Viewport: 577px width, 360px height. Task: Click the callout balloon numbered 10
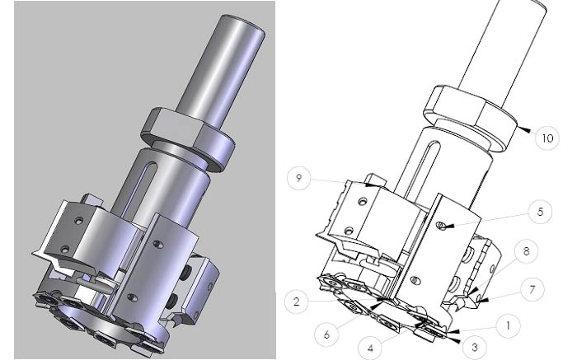coord(547,138)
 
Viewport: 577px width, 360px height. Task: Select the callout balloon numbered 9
coord(298,178)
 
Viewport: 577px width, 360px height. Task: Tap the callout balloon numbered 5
coord(540,212)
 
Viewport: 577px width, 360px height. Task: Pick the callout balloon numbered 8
coord(526,251)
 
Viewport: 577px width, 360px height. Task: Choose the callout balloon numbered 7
coord(532,290)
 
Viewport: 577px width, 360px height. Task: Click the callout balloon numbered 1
coord(508,325)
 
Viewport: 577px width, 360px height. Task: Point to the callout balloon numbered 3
coord(474,347)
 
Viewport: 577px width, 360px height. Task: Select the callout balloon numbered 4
coord(371,348)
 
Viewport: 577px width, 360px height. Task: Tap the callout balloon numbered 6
coord(326,334)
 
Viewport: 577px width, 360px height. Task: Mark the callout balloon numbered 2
coord(297,302)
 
